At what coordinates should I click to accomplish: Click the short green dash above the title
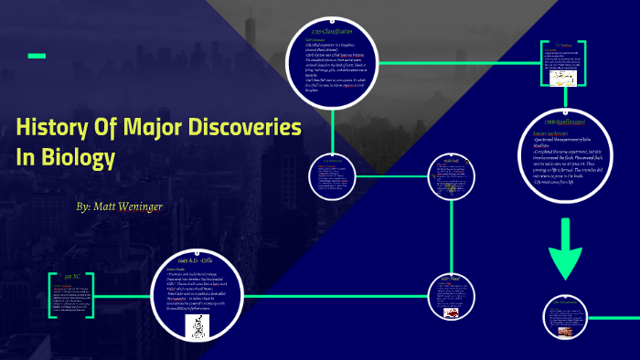37,57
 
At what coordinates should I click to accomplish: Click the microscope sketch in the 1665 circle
197,325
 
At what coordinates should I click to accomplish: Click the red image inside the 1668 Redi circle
451,312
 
